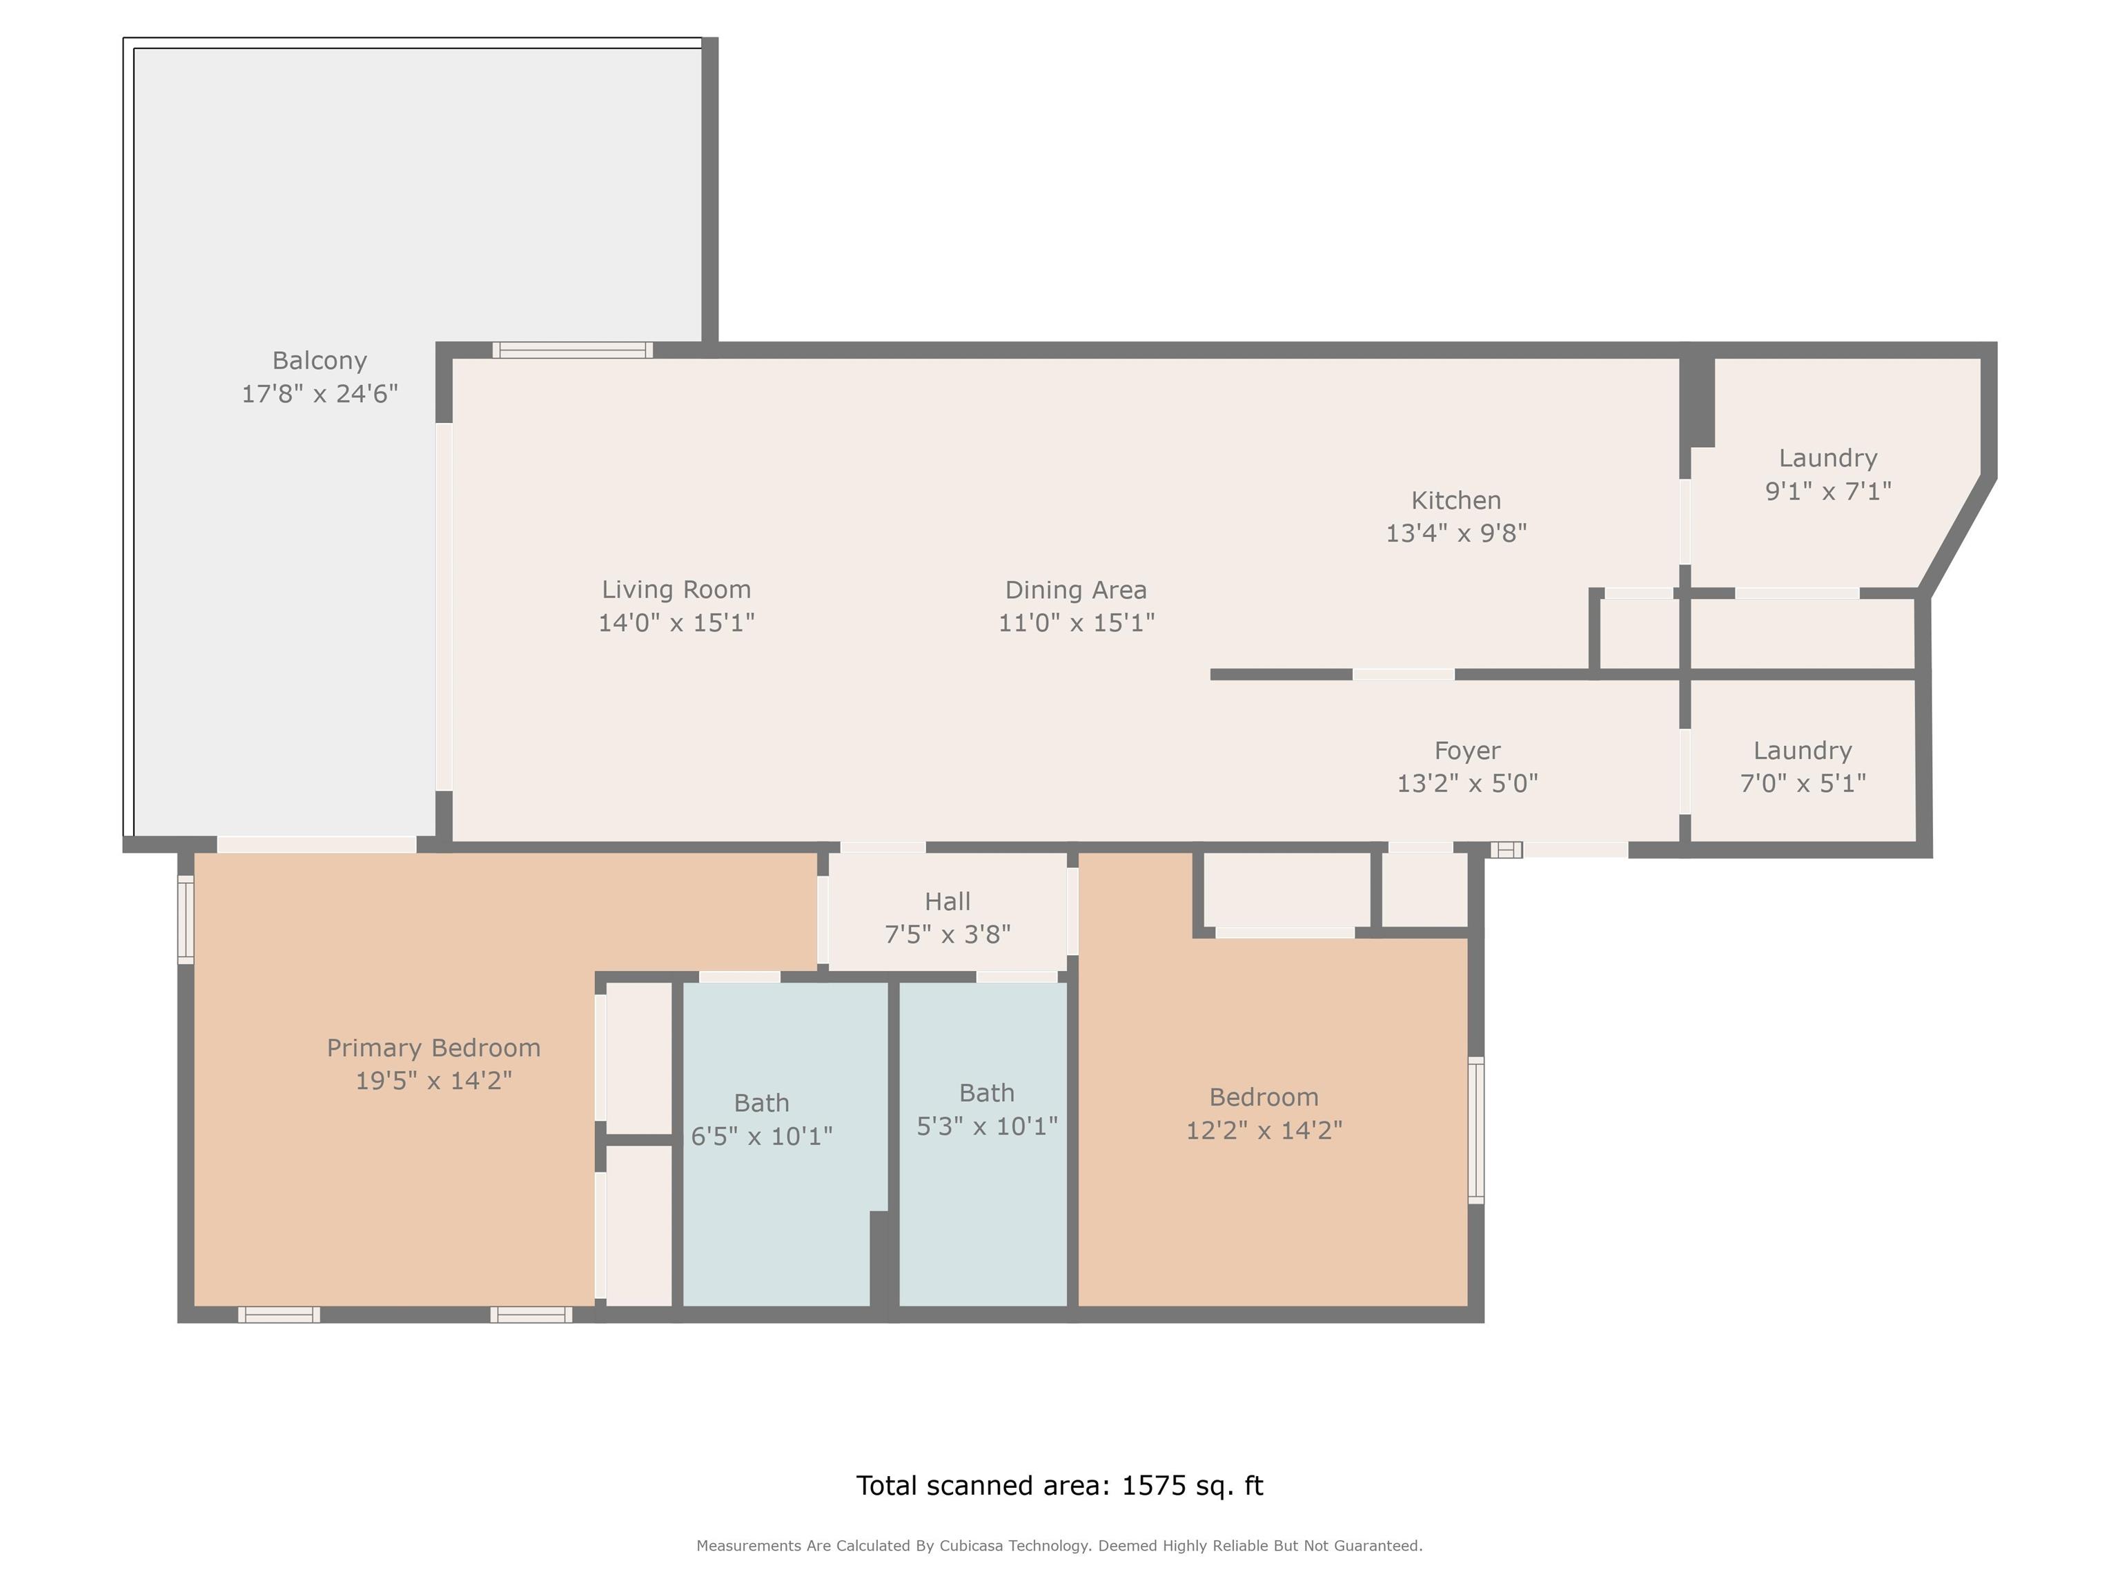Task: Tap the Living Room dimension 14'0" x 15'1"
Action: pos(676,623)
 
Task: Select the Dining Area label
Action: pos(1075,589)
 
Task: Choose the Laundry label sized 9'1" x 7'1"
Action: pos(1827,458)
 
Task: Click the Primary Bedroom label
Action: pos(434,1048)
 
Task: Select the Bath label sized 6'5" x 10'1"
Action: pos(762,1103)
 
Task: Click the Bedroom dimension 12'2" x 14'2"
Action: pos(1264,1131)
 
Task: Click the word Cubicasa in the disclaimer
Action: pos(972,1546)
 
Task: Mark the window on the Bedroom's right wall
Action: pos(1477,1131)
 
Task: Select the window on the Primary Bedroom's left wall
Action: pos(186,920)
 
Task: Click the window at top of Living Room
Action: pos(573,350)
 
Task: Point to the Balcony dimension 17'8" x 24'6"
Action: pos(319,394)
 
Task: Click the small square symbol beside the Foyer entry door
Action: pos(1506,849)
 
